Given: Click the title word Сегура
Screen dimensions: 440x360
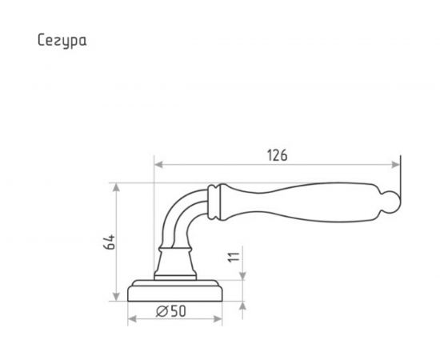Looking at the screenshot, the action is pyautogui.click(x=62, y=41).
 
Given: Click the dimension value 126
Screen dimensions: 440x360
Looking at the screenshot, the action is pyautogui.click(x=277, y=155).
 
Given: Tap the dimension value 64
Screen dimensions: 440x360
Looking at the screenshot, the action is pyautogui.click(x=110, y=242).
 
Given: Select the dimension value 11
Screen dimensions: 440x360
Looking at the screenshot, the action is pyautogui.click(x=234, y=257).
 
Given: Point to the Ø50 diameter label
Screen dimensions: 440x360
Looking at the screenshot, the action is pyautogui.click(x=171, y=311).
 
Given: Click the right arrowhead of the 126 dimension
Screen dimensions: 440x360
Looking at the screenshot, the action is pyautogui.click(x=396, y=165).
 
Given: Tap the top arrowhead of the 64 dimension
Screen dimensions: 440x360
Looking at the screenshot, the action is pyautogui.click(x=116, y=187).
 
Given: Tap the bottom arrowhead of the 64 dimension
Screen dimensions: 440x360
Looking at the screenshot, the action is pyautogui.click(x=116, y=297).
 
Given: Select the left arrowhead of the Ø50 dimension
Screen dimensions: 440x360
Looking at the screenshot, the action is pyautogui.click(x=132, y=319).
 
